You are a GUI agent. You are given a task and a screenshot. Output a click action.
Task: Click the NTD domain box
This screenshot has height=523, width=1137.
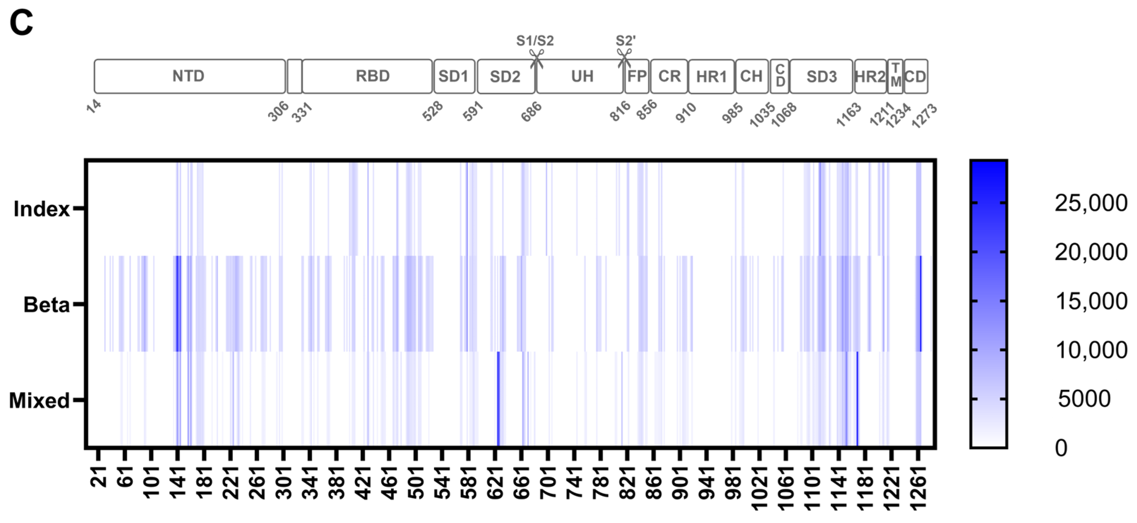pyautogui.click(x=189, y=76)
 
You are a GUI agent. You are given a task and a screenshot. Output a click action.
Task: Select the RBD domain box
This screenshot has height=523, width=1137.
pyautogui.click(x=367, y=76)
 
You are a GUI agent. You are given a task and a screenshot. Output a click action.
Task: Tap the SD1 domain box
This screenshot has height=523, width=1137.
pyautogui.click(x=454, y=76)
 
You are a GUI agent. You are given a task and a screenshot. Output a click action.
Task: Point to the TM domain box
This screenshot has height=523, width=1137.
pyautogui.click(x=895, y=76)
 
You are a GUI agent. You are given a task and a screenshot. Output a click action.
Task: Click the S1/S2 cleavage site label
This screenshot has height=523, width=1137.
pyautogui.click(x=535, y=41)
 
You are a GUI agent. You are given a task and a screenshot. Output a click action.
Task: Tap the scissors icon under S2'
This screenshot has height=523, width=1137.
pyautogui.click(x=624, y=58)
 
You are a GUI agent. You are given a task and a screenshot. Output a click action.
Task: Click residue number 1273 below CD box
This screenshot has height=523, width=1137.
pyautogui.click(x=924, y=116)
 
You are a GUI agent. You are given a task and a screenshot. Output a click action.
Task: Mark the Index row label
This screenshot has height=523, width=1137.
pyautogui.click(x=42, y=209)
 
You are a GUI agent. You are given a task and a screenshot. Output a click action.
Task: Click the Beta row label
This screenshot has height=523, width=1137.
pyautogui.click(x=46, y=305)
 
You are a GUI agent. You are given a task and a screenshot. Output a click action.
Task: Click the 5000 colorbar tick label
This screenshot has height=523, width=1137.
pyautogui.click(x=1084, y=398)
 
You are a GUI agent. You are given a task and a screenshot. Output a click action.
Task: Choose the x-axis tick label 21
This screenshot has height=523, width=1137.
pyautogui.click(x=98, y=474)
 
